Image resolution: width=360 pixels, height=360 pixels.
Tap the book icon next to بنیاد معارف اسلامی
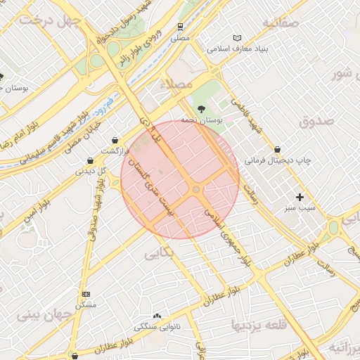point(237,38)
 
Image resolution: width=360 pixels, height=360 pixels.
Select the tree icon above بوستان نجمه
point(202,109)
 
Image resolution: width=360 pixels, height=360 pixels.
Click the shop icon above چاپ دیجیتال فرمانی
point(278,149)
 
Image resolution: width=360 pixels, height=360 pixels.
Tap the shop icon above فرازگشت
point(115,139)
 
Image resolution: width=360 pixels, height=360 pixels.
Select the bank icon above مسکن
point(86,294)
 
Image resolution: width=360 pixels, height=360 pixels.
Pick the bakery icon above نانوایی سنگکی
point(156,316)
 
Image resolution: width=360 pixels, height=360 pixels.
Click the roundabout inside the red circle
point(195,190)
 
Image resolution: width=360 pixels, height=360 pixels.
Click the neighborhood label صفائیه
point(281,22)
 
